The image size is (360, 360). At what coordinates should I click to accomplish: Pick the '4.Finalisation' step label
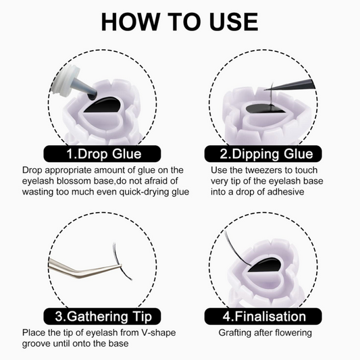click(263, 316)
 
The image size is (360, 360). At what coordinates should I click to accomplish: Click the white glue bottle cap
click(65, 79)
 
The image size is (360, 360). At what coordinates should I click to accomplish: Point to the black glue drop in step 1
click(104, 105)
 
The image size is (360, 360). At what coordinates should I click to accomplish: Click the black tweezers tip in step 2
click(290, 84)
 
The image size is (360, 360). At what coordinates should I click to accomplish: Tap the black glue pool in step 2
click(264, 108)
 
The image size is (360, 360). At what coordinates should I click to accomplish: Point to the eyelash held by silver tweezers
click(120, 262)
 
